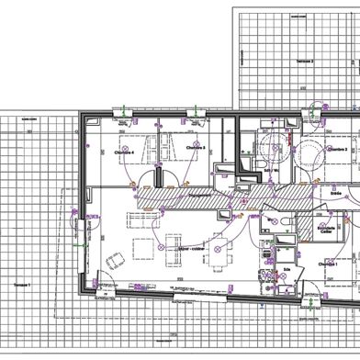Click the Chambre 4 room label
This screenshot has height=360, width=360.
[x=123, y=152]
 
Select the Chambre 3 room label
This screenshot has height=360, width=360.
[x=195, y=147]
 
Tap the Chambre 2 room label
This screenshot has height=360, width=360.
[x=337, y=148]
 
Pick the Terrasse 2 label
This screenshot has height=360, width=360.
[x=306, y=62]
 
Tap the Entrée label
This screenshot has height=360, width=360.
[x=334, y=194]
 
